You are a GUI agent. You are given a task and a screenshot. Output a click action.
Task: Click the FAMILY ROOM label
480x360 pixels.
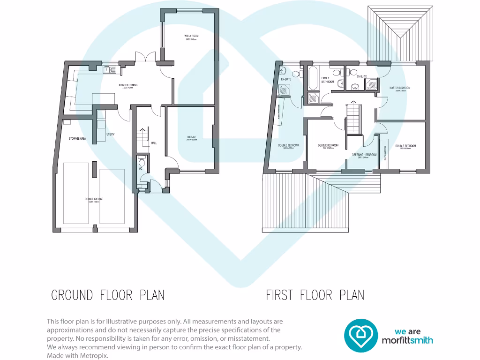pyautogui.click(x=191, y=36)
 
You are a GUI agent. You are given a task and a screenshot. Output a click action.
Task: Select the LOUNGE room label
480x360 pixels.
pyautogui.click(x=191, y=137)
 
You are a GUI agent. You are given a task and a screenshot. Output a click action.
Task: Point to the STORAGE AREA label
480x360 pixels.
pyautogui.click(x=77, y=139)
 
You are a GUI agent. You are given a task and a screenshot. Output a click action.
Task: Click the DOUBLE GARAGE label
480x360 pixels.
pyautogui.click(x=94, y=199)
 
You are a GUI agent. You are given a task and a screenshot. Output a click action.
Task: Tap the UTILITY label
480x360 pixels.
pyautogui.click(x=111, y=135)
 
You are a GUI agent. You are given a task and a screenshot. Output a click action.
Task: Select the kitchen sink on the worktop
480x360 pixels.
pyautogui.click(x=111, y=70)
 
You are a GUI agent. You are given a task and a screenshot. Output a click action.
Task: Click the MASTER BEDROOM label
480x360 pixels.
pyautogui.click(x=400, y=88)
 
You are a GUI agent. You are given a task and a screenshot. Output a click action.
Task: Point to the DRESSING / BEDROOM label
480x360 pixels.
pyautogui.click(x=364, y=155)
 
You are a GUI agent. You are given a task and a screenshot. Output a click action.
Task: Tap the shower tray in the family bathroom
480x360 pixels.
pyautogui.click(x=312, y=97)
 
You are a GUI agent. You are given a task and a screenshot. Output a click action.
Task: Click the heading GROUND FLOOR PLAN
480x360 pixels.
pyautogui.click(x=108, y=295)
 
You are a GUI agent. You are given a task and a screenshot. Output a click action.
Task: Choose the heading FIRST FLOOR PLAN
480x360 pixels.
pyautogui.click(x=315, y=295)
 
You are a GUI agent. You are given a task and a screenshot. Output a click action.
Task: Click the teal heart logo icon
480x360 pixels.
pyautogui.click(x=361, y=336)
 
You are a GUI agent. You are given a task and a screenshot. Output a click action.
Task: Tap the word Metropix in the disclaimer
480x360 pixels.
pyautogui.click(x=96, y=356)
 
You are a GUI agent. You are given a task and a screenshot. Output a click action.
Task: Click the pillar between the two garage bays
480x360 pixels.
pyautogui.click(x=95, y=169)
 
